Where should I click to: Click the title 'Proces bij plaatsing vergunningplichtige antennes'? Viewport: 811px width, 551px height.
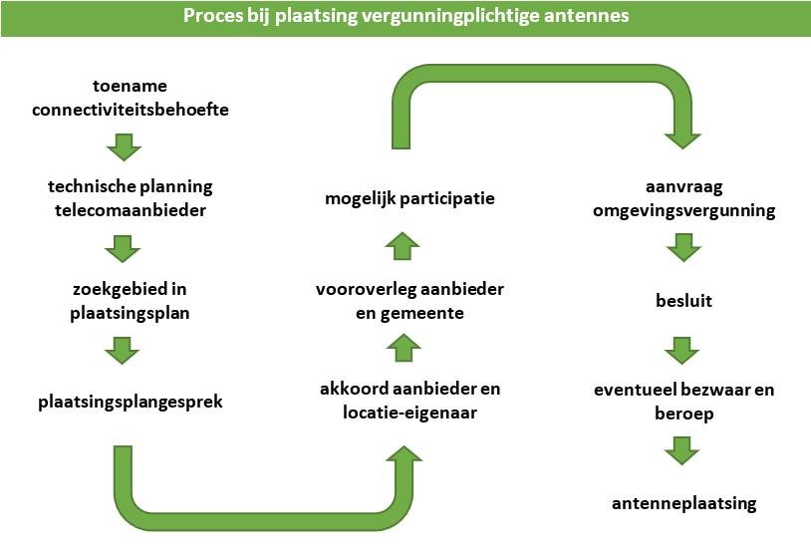coord(405,17)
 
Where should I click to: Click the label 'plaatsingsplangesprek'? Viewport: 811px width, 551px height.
coord(131,402)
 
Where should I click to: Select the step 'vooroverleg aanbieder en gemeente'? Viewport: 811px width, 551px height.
coord(409,300)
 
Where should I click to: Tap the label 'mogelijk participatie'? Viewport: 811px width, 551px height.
coord(409,199)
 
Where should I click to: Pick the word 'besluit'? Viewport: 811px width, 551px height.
coord(683,299)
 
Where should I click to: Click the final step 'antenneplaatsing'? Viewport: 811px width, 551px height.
coord(683,503)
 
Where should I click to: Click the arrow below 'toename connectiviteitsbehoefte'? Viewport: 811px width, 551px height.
coord(124,147)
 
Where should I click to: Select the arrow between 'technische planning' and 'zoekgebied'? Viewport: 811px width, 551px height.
coord(124,248)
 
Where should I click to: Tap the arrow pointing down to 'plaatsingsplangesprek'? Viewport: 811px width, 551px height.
coord(124,350)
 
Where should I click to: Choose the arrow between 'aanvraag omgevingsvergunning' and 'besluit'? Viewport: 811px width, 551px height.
coord(683,247)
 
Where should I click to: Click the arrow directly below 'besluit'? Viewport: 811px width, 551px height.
coord(683,350)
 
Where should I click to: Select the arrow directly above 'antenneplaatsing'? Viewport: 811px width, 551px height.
coord(683,451)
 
